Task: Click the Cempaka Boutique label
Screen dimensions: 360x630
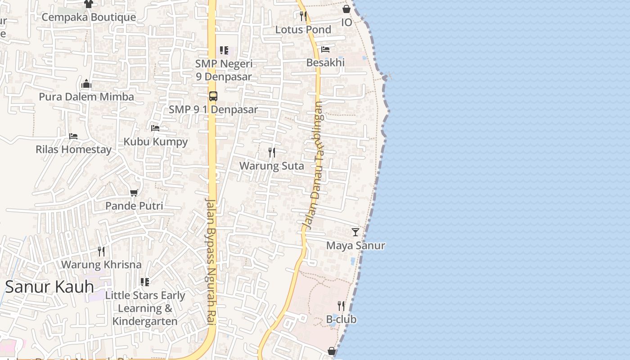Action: (89, 17)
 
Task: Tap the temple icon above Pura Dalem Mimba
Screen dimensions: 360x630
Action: (86, 84)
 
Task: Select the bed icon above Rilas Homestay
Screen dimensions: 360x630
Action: (73, 136)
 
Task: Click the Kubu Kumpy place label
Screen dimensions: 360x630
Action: (155, 142)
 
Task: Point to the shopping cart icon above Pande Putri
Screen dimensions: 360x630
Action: (134, 193)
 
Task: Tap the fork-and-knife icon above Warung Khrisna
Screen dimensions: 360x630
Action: (101, 252)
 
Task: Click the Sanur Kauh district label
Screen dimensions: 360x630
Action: (49, 287)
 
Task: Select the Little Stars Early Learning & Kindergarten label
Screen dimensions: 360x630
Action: (145, 308)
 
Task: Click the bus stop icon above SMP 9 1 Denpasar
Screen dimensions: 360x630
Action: (213, 96)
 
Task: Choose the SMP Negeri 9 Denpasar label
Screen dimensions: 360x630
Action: (224, 70)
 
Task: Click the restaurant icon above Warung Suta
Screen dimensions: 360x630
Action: (271, 153)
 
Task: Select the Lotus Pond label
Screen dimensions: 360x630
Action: (303, 30)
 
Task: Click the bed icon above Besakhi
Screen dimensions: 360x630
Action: (325, 49)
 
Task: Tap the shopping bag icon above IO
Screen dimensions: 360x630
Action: (346, 9)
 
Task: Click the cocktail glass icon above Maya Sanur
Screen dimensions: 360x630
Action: (355, 232)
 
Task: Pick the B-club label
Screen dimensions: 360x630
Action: (341, 319)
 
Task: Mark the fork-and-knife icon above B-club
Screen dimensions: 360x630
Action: (341, 306)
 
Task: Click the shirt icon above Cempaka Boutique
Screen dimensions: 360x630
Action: (88, 4)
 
